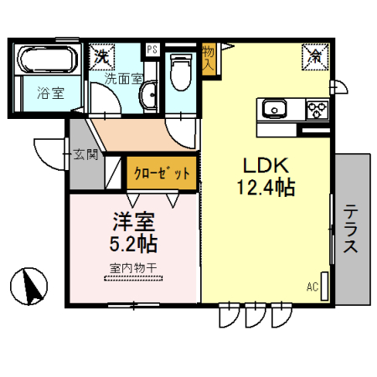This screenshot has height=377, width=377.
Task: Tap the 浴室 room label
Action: click(x=49, y=94)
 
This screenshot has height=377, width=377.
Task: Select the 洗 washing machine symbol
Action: click(x=102, y=56)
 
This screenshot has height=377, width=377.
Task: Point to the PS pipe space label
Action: click(x=152, y=49)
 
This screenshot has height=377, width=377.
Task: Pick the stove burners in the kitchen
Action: click(x=317, y=110)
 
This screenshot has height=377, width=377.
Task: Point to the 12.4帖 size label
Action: click(x=266, y=189)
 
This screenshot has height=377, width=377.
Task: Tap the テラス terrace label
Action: click(x=351, y=229)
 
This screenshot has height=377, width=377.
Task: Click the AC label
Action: click(x=312, y=287)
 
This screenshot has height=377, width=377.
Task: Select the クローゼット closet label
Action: click(x=162, y=174)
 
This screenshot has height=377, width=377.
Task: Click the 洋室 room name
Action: click(x=134, y=224)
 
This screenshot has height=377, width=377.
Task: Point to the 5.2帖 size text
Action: click(x=135, y=245)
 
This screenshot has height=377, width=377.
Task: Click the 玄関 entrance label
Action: click(x=85, y=154)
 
